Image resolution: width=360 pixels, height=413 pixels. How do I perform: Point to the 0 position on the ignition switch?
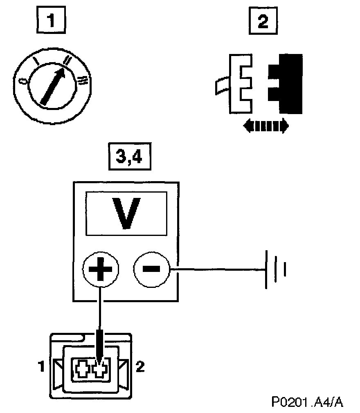pos(25,81)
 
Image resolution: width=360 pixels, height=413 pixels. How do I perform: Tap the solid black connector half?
pos(286,83)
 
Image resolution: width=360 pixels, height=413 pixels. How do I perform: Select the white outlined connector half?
pos(239,84)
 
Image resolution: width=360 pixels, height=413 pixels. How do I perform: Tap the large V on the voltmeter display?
pos(126,213)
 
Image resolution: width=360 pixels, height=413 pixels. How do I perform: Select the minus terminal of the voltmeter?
pos(151,269)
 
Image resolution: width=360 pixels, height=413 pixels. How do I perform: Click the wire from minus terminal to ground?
pos(217,269)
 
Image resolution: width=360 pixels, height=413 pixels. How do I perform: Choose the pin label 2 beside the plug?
pos(140,367)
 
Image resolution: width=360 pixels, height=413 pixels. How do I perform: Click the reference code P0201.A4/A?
pos(307,402)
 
